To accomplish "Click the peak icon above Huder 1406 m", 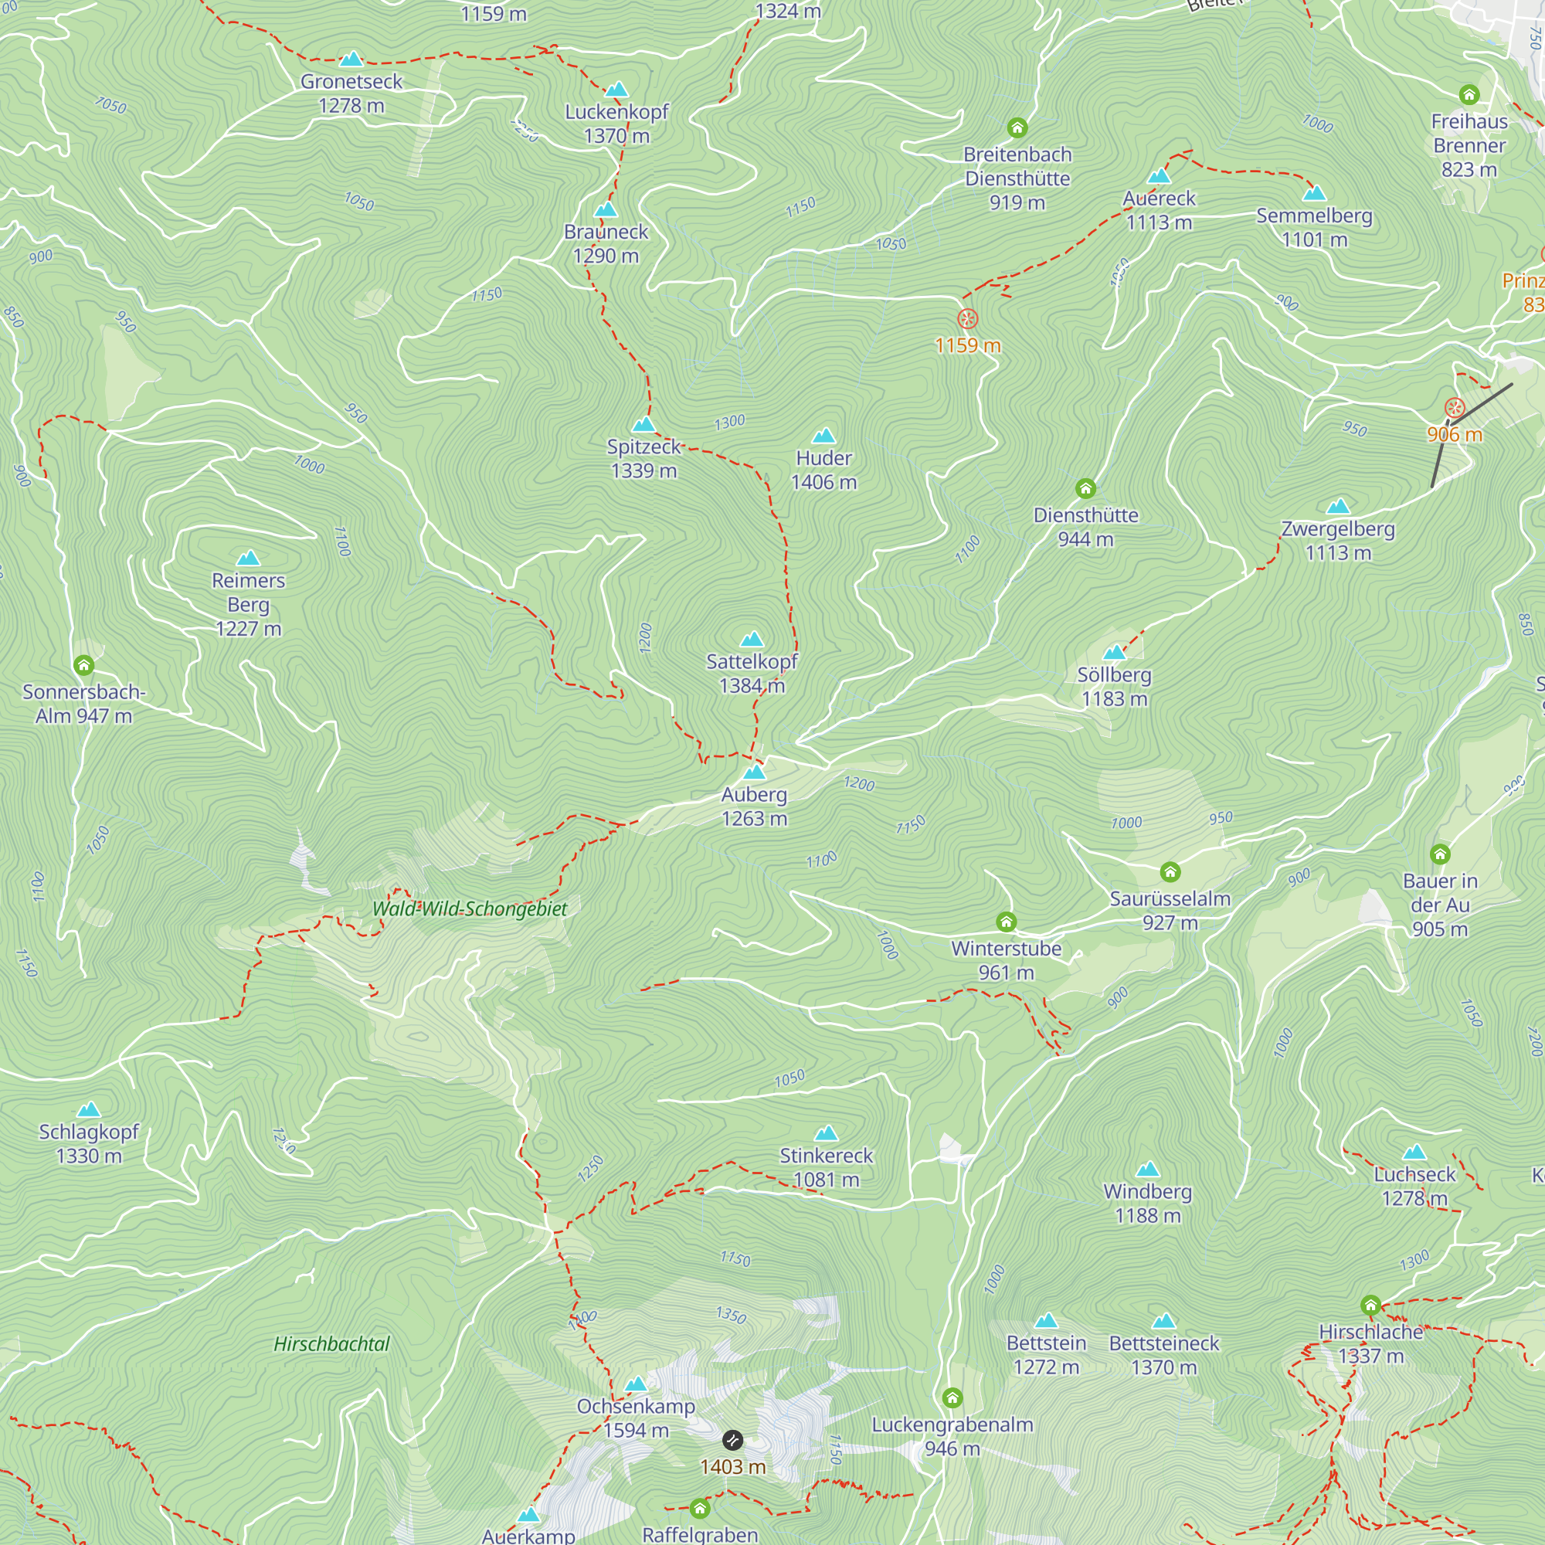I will point(823,436).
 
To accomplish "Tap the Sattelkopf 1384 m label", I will point(752,674).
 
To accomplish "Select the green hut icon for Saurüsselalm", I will point(1170,871).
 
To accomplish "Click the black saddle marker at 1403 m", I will point(732,1440).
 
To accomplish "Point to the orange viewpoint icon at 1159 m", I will point(968,319).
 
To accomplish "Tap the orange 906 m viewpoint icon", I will point(1455,409).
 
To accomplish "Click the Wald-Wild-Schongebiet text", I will point(470,908).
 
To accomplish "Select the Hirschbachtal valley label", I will point(331,1343).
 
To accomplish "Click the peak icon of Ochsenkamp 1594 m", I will point(636,1384).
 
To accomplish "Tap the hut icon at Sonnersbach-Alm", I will point(84,665).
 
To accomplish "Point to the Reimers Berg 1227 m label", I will point(248,605).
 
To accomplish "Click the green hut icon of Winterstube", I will point(1006,922).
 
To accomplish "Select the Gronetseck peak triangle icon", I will point(351,59).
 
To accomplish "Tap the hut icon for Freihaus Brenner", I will point(1469,95).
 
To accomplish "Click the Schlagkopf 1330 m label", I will point(89,1143).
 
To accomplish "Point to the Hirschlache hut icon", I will point(1370,1306).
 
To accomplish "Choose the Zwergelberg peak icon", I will point(1338,506).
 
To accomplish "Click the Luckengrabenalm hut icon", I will point(952,1398).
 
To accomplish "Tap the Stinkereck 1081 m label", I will point(826,1167).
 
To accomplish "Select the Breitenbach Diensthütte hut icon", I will point(1017,128).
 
